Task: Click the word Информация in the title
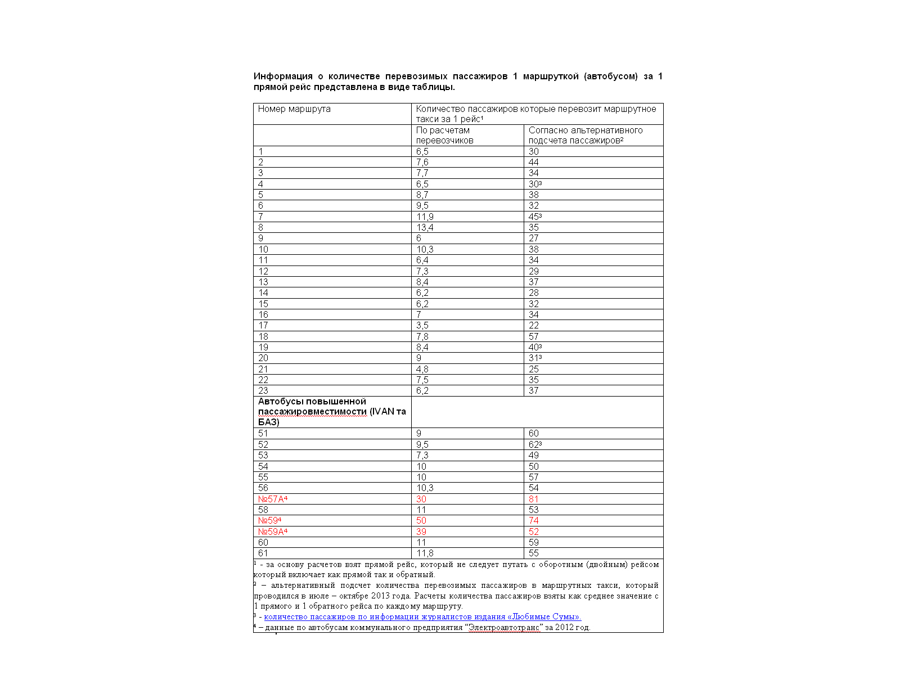pos(283,76)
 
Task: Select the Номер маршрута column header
pos(294,109)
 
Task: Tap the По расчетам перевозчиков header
pos(444,136)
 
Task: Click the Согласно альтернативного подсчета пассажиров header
pos(585,136)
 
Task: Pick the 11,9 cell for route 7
pos(425,217)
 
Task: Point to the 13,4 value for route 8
pos(425,228)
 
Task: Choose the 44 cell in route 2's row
pos(534,163)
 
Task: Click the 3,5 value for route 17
pos(422,326)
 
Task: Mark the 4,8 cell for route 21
pos(422,370)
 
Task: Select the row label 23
pos(263,391)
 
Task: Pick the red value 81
pos(534,499)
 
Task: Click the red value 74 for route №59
pos(534,521)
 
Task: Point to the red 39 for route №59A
pos(421,532)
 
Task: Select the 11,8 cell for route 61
pos(425,553)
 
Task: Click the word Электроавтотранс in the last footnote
pos(505,628)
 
